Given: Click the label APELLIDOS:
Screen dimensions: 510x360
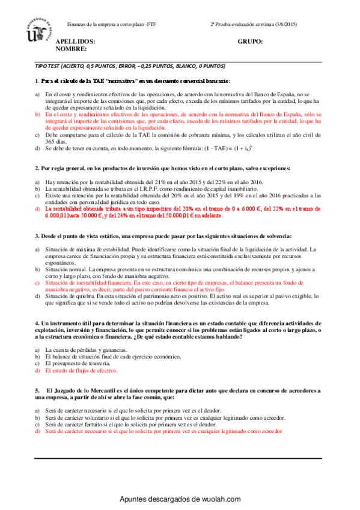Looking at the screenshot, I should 76,42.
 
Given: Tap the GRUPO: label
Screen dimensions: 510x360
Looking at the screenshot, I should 251,42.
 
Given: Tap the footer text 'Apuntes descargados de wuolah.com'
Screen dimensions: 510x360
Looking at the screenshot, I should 180,499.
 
